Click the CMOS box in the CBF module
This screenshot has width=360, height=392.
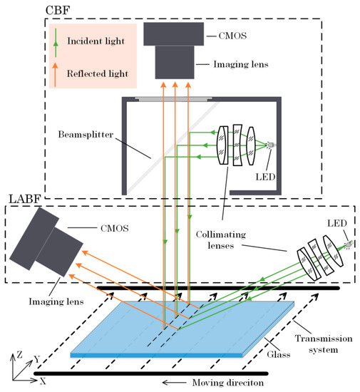tap(170, 33)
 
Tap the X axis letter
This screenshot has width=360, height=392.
tap(43, 381)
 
